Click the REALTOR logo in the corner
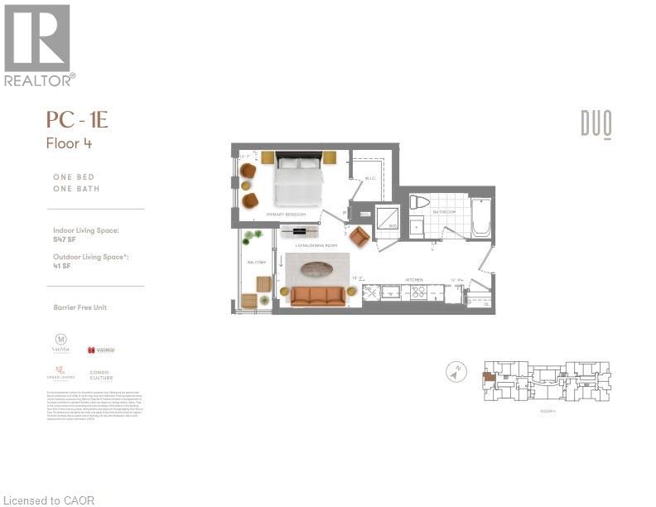click(39, 45)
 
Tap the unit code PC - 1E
click(77, 121)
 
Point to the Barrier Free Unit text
click(80, 307)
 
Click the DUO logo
click(596, 125)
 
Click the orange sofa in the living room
click(316, 296)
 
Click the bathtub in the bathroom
click(481, 217)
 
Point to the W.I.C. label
click(370, 178)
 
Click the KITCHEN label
click(414, 280)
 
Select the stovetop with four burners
click(414, 292)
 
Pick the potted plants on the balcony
click(251, 238)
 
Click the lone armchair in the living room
click(359, 238)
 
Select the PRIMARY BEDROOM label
click(286, 215)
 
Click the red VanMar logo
click(100, 350)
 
